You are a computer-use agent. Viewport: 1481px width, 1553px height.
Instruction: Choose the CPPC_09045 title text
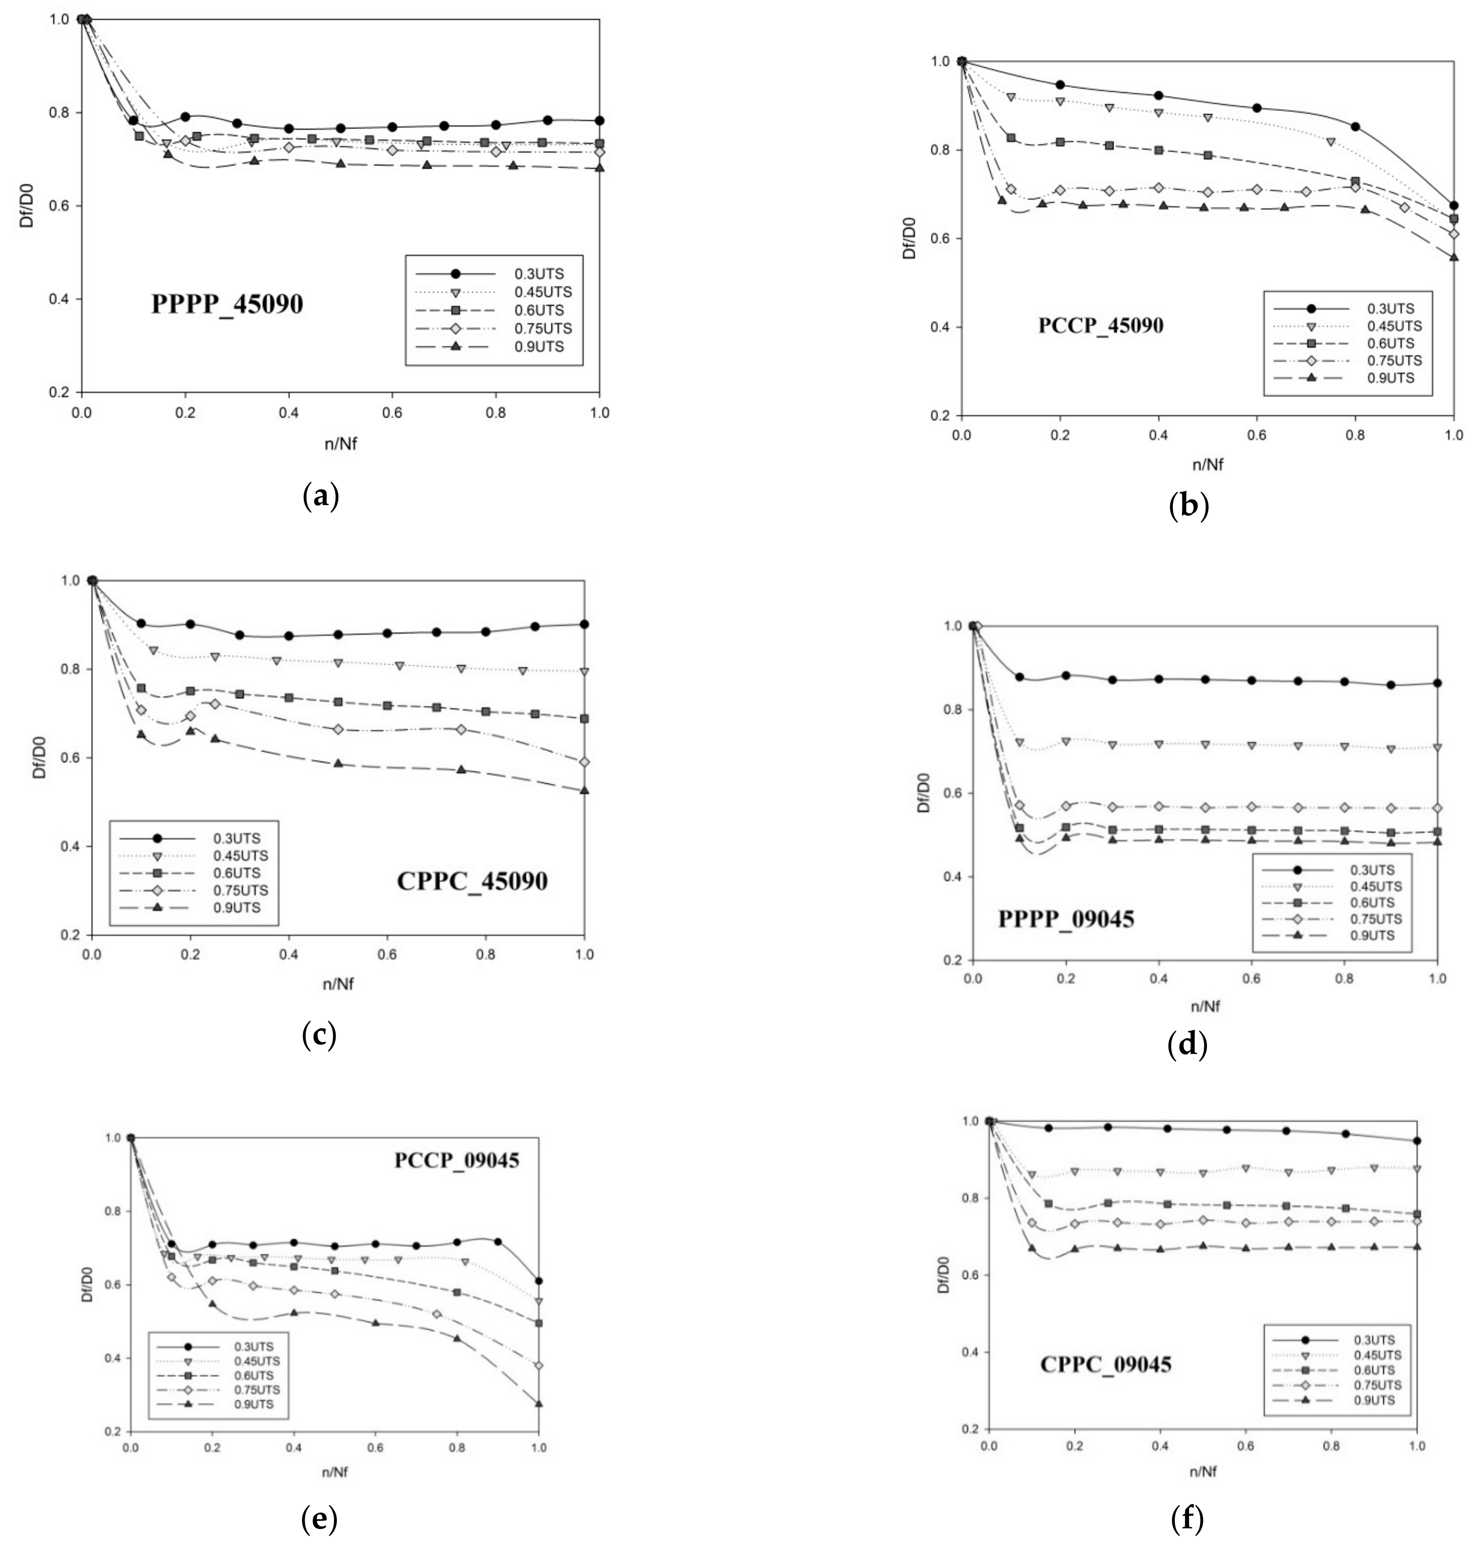[1105, 1363]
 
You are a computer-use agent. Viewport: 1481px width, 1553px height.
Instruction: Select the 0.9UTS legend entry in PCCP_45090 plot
[1389, 377]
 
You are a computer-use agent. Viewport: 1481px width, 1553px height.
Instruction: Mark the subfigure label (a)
[321, 497]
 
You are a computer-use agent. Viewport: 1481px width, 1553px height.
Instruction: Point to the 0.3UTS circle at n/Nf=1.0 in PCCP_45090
[1454, 205]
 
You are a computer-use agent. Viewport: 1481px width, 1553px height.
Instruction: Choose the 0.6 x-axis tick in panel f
[1245, 1445]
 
